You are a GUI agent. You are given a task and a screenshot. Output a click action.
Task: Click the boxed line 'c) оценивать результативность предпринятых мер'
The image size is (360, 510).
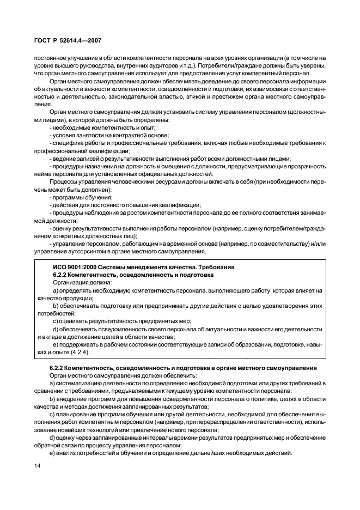tap(122, 321)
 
